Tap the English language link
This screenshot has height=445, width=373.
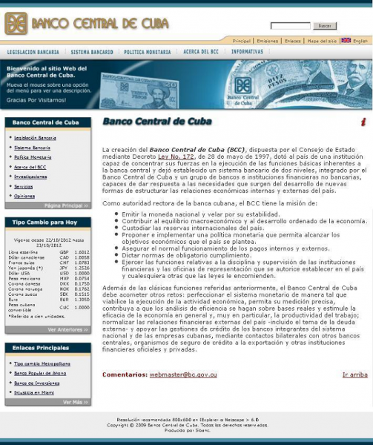[x=360, y=41]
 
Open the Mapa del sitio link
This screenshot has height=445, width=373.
[x=322, y=41]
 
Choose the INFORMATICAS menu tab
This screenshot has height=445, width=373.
[x=247, y=52]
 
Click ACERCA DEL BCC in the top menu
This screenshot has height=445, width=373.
[x=201, y=52]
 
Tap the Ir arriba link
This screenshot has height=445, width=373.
[x=355, y=375]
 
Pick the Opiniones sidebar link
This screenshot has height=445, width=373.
[x=24, y=196]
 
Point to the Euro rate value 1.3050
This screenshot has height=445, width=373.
[x=82, y=299]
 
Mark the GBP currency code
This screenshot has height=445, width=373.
[x=65, y=252]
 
